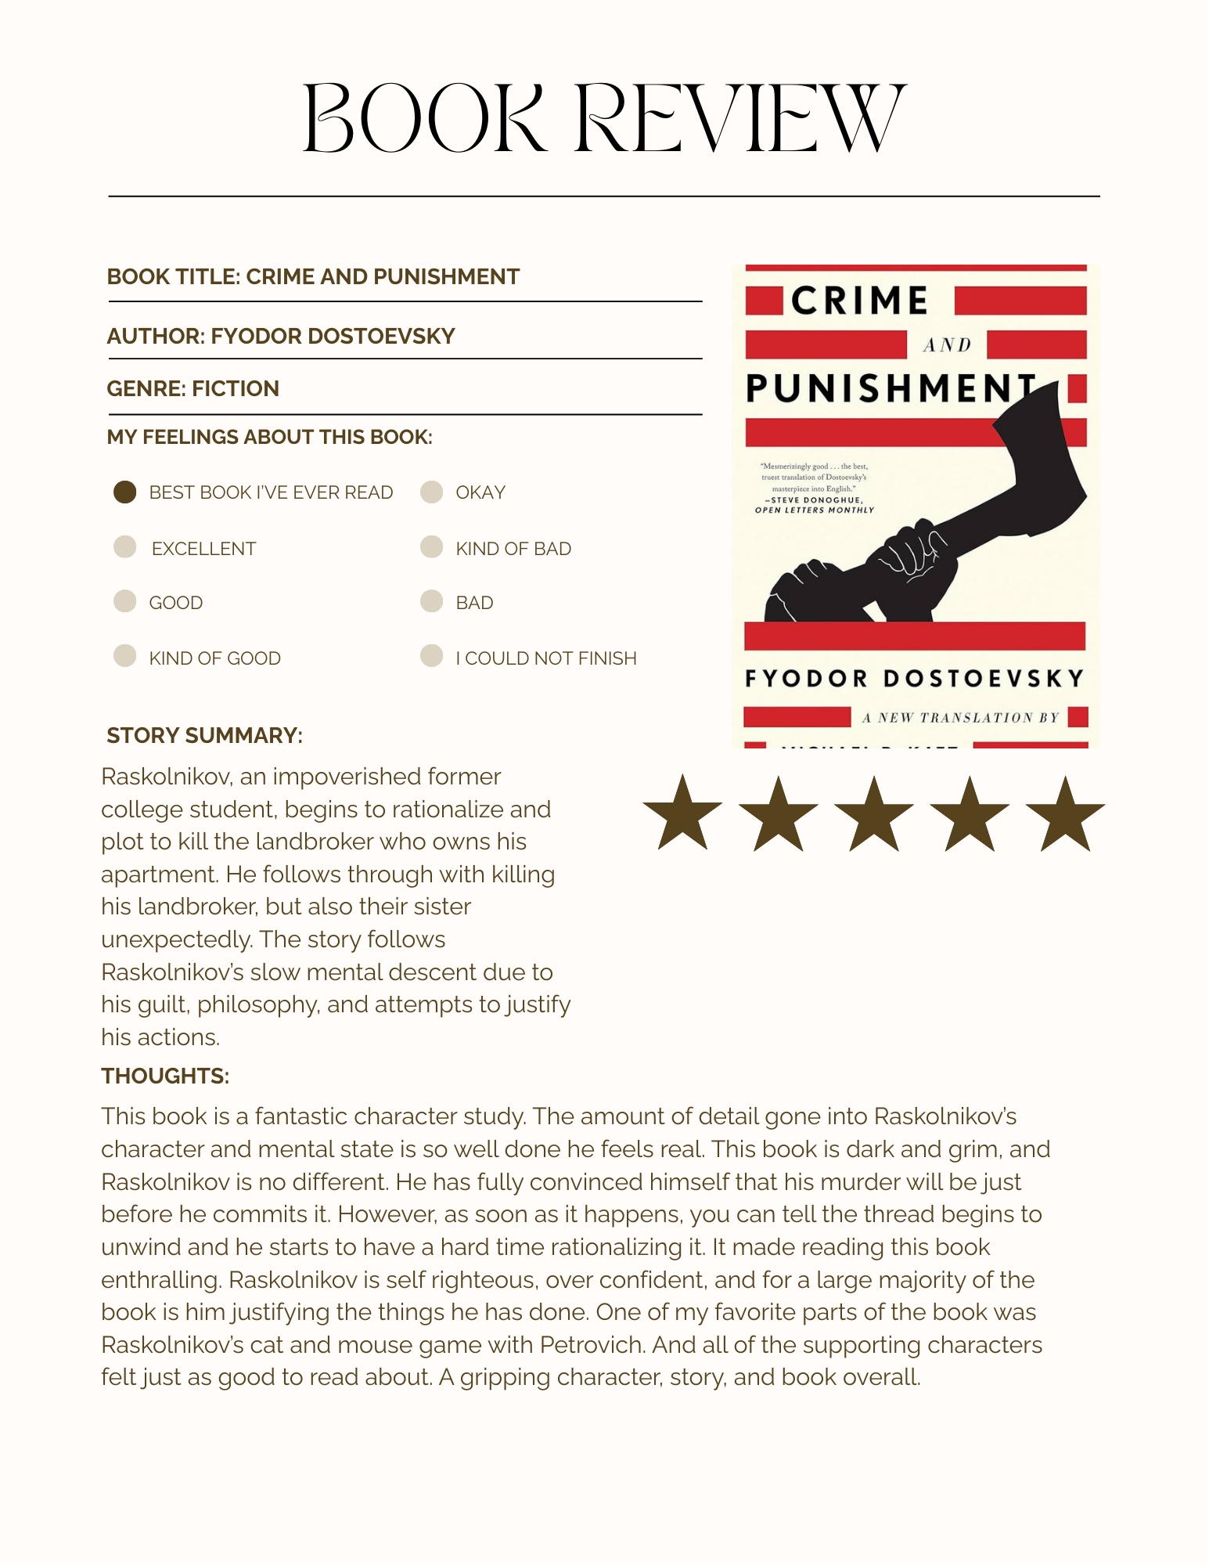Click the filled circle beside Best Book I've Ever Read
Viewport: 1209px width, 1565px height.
pos(125,492)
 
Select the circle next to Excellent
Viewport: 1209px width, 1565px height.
pos(125,546)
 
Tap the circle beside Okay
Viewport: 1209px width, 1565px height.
pos(431,492)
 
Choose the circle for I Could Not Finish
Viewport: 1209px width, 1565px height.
pos(431,655)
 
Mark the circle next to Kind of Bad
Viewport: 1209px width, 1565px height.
pos(431,546)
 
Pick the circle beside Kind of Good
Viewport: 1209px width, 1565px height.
pos(125,655)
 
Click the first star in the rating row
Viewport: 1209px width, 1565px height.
pos(682,815)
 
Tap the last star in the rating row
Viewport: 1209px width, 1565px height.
pos(1065,815)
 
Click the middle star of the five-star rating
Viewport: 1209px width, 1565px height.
pos(874,815)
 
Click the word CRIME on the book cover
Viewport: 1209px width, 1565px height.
pos(859,301)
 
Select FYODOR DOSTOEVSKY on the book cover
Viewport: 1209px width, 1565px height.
pos(914,678)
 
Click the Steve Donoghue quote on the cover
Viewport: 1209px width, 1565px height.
pos(815,488)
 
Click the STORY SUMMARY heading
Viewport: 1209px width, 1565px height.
pos(204,735)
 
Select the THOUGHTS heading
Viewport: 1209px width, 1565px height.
pos(165,1076)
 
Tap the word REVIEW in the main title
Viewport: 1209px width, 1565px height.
pos(739,119)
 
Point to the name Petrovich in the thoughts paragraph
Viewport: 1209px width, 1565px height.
pos(592,1344)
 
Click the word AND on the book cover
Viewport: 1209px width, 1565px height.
pos(947,345)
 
